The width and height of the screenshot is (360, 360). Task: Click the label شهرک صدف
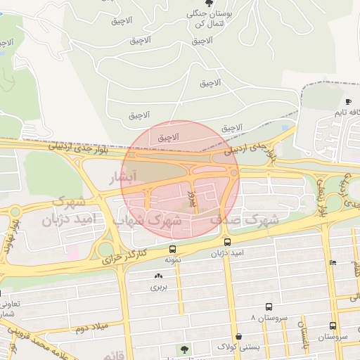pyautogui.click(x=245, y=220)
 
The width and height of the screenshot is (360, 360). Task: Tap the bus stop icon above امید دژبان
pyautogui.click(x=227, y=242)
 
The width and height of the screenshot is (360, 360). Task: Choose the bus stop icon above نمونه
pyautogui.click(x=172, y=250)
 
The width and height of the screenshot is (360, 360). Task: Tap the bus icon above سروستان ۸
pyautogui.click(x=269, y=307)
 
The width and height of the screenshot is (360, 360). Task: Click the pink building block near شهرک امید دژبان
pyautogui.click(x=71, y=249)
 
